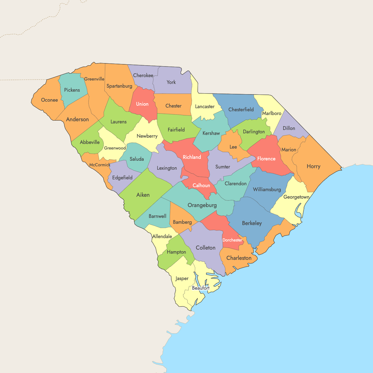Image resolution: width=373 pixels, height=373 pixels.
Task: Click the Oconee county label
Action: (49, 100)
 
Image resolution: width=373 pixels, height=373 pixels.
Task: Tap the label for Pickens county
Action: (72, 90)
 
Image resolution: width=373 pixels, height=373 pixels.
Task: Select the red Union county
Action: (142, 104)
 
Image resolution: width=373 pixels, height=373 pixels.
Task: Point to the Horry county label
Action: (313, 166)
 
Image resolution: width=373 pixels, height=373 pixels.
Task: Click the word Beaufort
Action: (200, 288)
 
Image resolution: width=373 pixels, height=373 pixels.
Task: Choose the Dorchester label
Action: (232, 240)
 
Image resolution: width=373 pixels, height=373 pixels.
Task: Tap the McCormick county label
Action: (100, 165)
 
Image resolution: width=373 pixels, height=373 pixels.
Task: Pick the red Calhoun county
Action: (201, 186)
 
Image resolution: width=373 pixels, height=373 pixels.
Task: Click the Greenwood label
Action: (115, 148)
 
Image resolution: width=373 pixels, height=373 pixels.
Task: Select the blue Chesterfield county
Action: (241, 110)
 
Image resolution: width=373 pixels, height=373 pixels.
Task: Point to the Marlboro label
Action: (272, 113)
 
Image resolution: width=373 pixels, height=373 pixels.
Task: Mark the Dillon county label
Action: (289, 128)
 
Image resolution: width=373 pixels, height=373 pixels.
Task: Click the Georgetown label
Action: (296, 197)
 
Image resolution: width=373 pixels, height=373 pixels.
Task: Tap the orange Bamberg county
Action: (182, 222)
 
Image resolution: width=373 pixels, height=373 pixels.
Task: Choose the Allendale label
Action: (162, 237)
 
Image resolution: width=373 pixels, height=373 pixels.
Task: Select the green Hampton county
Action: (176, 252)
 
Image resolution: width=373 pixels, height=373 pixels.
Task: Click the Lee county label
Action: (233, 147)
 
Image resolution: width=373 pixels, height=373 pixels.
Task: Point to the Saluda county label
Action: (137, 159)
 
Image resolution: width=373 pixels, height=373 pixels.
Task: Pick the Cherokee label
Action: (143, 76)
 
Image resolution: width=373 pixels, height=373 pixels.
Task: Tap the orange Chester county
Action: (173, 106)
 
